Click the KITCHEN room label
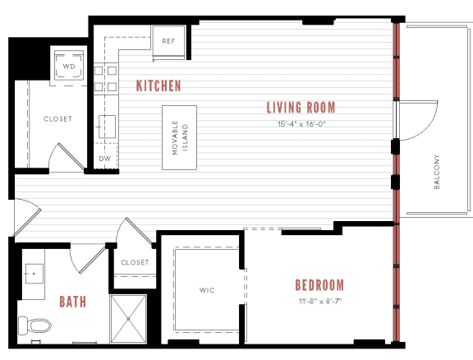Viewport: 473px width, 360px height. (x=158, y=86)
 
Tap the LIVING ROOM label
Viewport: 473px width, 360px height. (x=301, y=108)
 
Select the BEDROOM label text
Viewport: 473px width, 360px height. (x=319, y=285)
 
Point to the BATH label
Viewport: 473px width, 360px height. (x=72, y=302)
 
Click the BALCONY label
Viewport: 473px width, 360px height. (x=436, y=172)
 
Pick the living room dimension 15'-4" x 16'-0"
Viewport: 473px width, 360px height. (x=301, y=124)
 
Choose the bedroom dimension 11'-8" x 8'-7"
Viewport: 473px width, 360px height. (x=319, y=301)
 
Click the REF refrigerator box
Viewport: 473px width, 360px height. (x=168, y=41)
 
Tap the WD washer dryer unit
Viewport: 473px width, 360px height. (x=69, y=66)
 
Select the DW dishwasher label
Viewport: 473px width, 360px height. (x=104, y=159)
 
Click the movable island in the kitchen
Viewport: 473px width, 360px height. (x=179, y=137)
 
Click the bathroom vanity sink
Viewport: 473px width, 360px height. (x=34, y=272)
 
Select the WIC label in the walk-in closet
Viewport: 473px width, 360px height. (x=207, y=290)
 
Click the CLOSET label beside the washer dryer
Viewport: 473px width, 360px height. (x=57, y=119)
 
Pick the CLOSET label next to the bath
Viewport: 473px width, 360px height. (x=135, y=263)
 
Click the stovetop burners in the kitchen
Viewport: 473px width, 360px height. (x=103, y=77)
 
